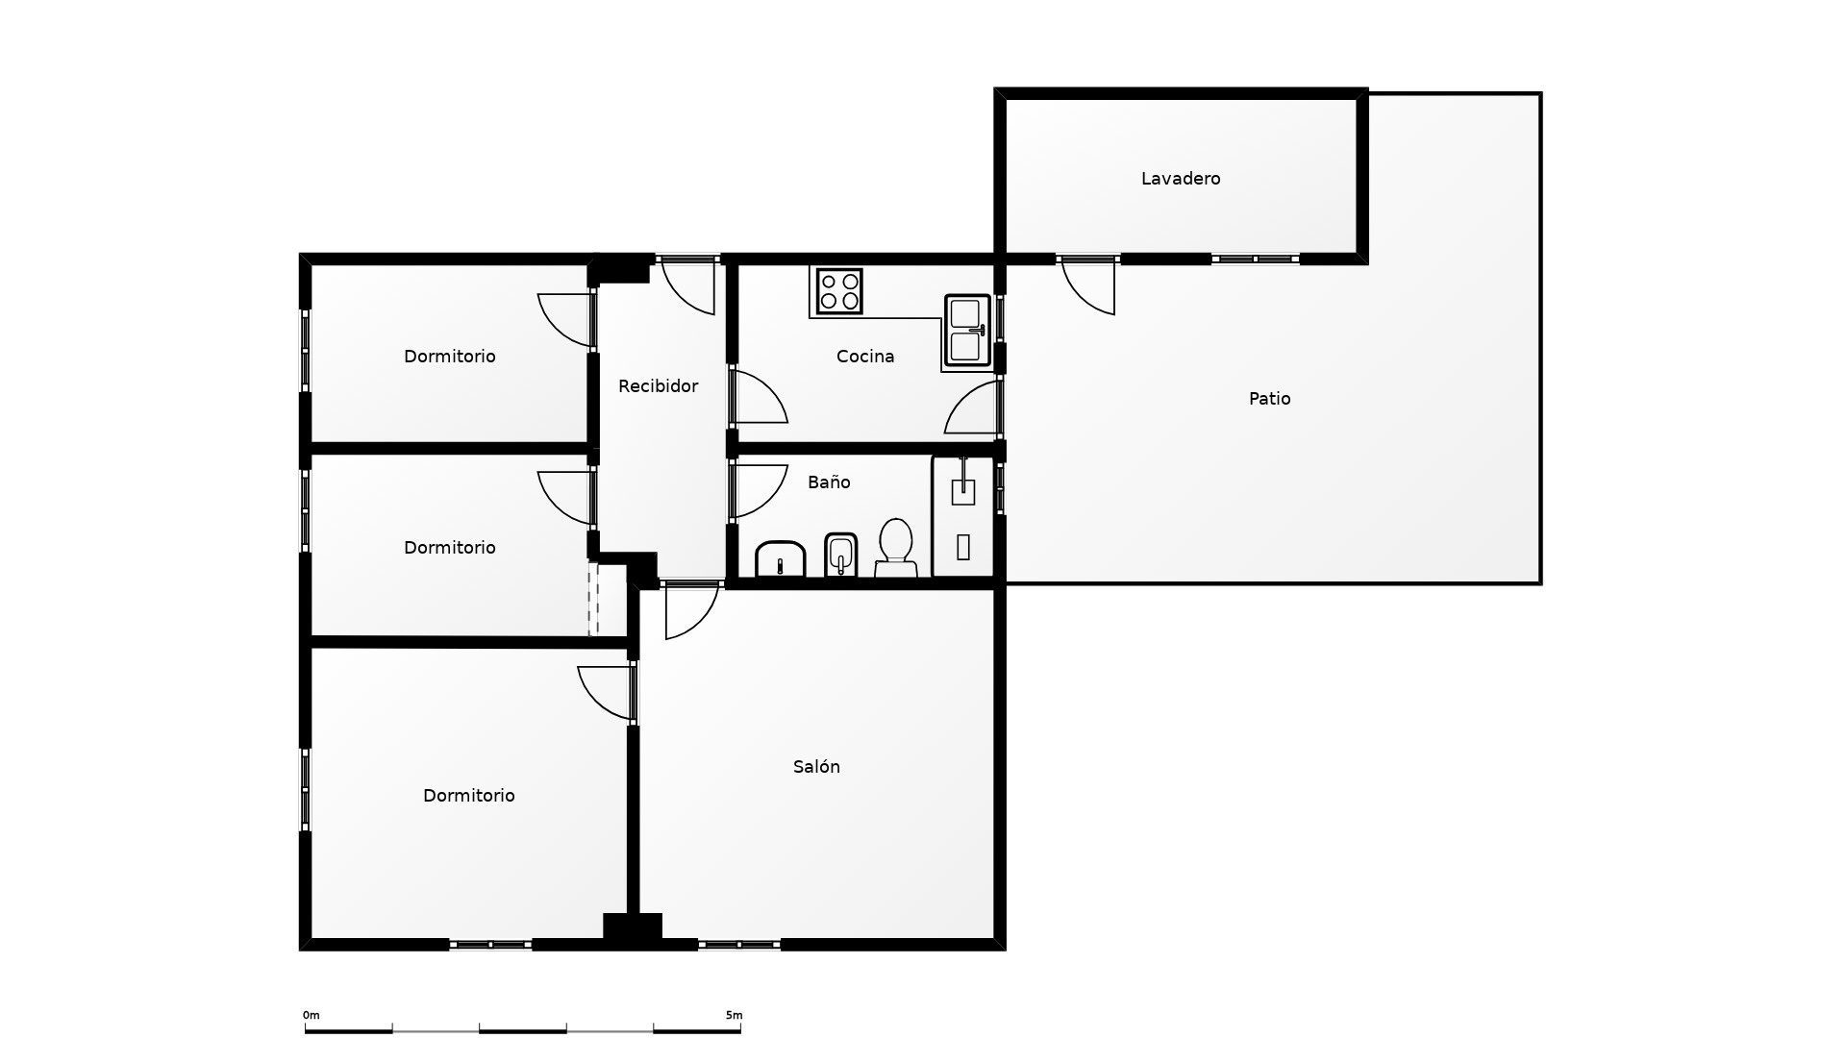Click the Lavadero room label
[1181, 179]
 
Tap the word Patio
[1269, 399]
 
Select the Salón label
[816, 767]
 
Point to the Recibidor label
[658, 386]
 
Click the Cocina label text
[865, 357]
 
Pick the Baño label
[829, 482]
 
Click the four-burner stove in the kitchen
[839, 291]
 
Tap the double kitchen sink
[967, 331]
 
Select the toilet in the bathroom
[895, 549]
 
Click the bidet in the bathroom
[841, 556]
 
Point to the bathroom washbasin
[780, 559]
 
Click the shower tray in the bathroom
[963, 517]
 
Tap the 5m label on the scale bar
[734, 1015]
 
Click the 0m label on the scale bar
[312, 1015]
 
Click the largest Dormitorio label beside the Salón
[469, 796]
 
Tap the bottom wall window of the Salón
[739, 945]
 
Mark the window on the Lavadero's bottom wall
[1256, 259]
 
